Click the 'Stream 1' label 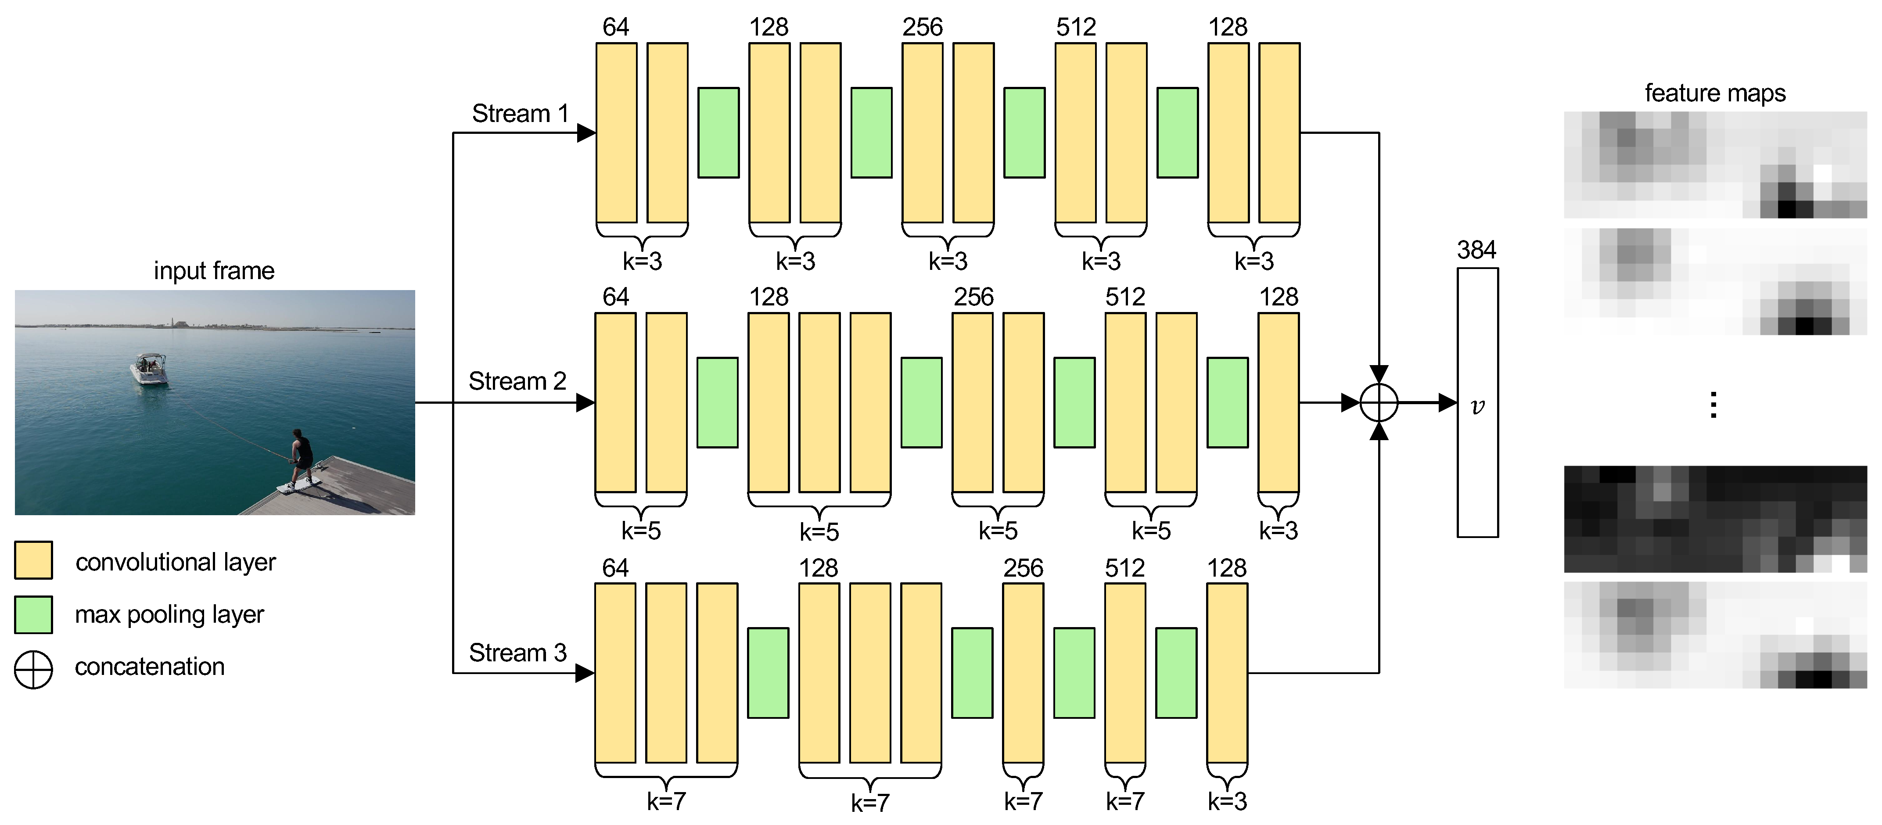tap(520, 114)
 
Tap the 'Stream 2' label tap(517, 381)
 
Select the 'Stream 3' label tap(517, 653)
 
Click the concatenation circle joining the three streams tap(1379, 403)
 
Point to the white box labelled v tap(1477, 403)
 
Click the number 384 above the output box tap(1476, 251)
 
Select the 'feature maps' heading tap(1715, 93)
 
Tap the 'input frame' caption tap(214, 271)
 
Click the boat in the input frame tap(150, 370)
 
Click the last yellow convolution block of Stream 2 tap(1278, 403)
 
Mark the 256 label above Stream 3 tap(1023, 569)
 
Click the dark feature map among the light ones tap(1715, 519)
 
